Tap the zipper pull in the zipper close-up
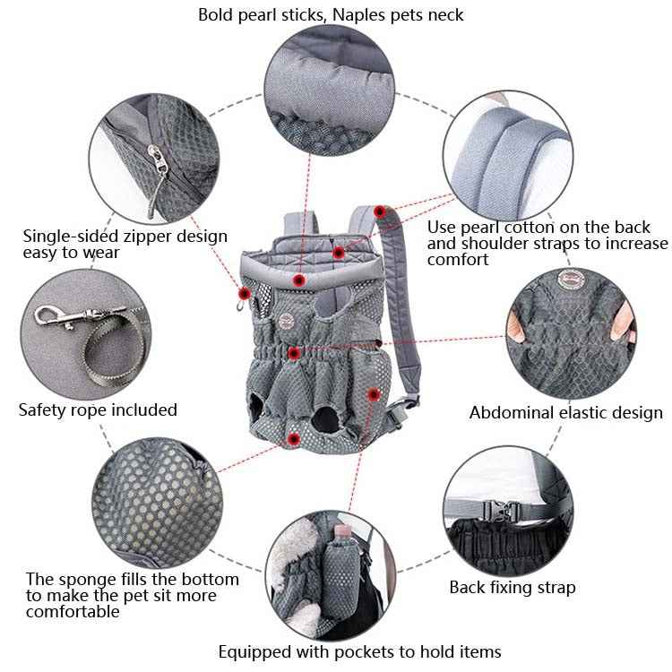click(x=159, y=165)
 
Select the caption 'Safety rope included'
click(x=98, y=410)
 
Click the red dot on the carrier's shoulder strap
click(x=380, y=211)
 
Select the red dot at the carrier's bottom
click(x=294, y=438)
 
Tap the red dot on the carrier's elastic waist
click(x=293, y=352)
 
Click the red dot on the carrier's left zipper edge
click(x=244, y=293)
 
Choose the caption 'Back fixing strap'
click(x=512, y=589)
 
